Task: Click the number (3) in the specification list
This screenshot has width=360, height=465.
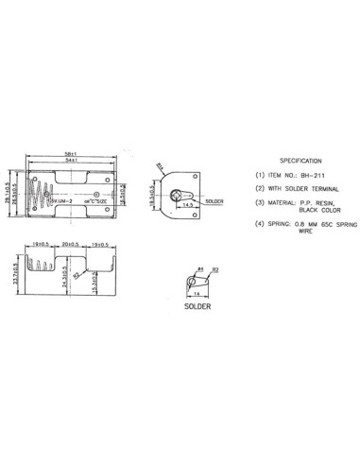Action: pyautogui.click(x=260, y=201)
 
